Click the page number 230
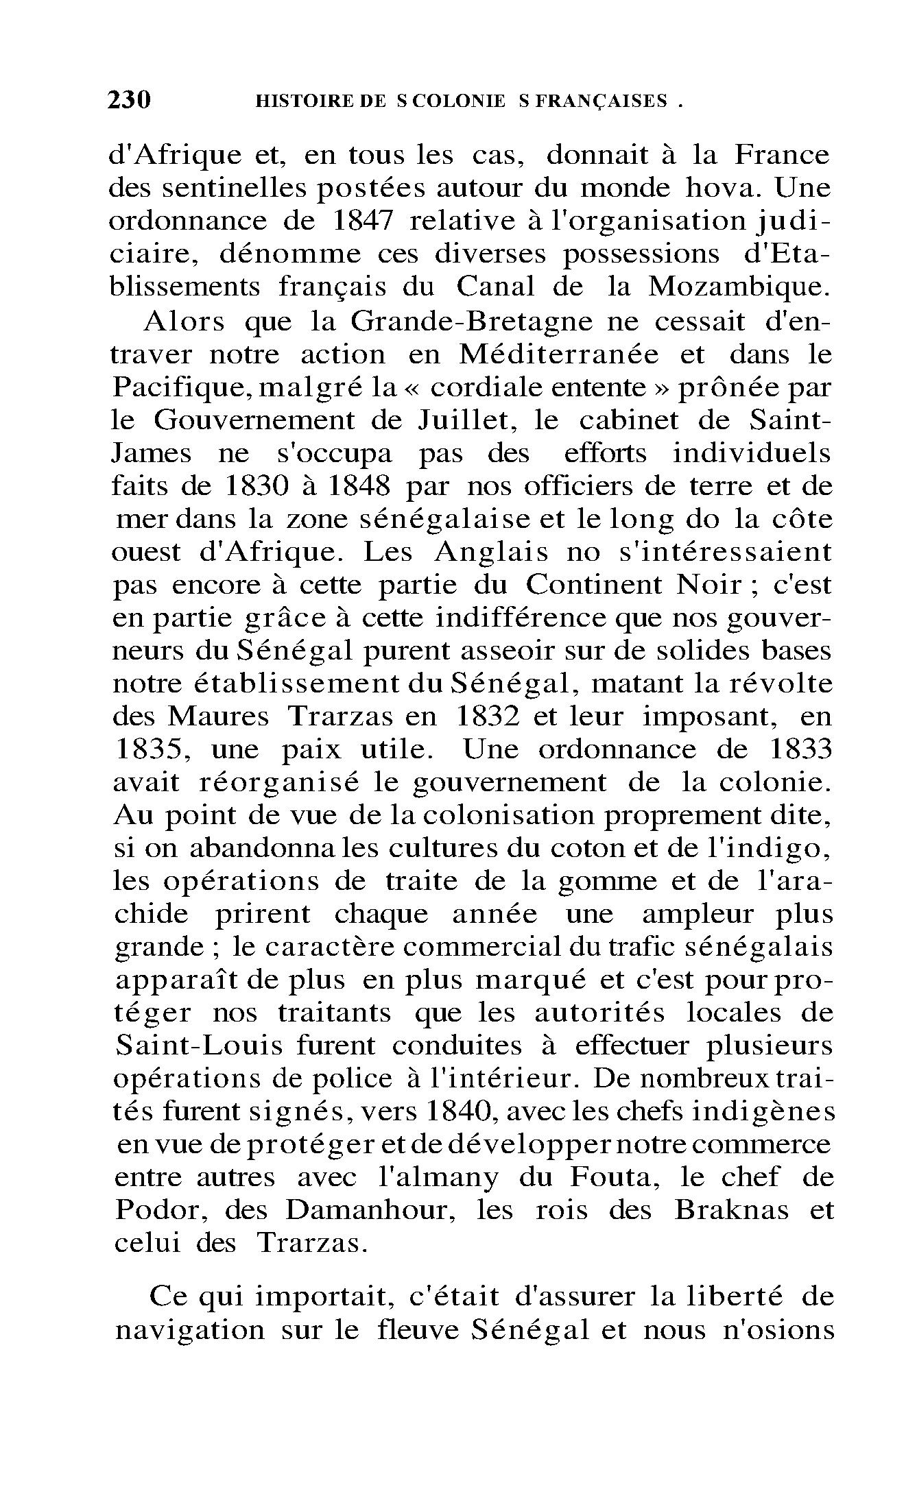point(129,101)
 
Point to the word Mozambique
point(739,287)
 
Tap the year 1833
point(800,749)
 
